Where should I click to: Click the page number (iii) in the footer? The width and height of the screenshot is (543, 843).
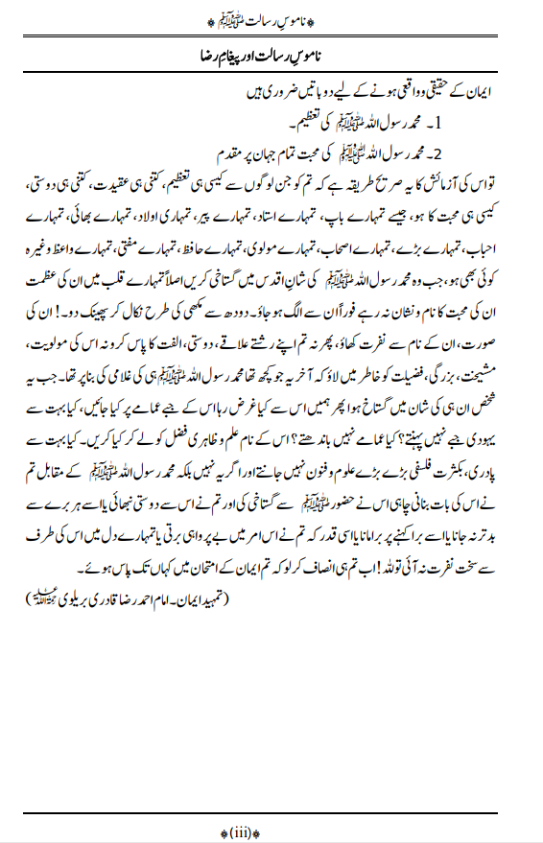coord(271,831)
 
